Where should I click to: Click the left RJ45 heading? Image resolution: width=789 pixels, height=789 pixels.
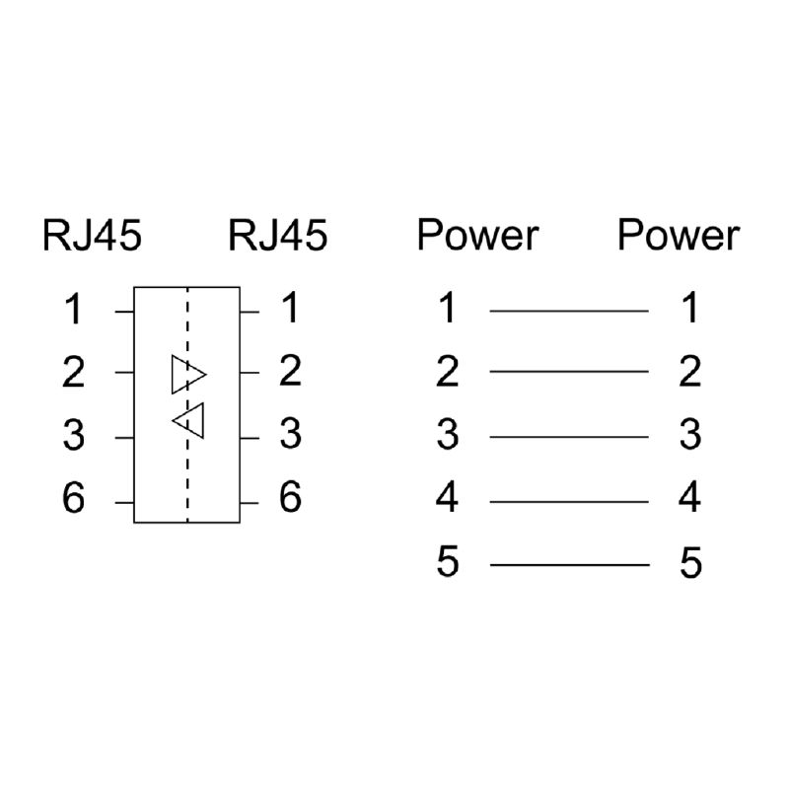coord(92,237)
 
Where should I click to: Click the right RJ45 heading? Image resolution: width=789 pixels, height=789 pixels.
coord(277,237)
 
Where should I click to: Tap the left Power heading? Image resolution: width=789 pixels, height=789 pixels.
coord(477,237)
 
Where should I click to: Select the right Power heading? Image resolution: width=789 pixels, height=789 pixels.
coord(678,237)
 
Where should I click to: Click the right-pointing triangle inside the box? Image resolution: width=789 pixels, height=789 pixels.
coord(187,375)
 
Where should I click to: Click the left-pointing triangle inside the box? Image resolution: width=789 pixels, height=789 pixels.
coord(188,421)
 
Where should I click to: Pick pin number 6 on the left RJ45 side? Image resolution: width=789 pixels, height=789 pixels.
coord(74,500)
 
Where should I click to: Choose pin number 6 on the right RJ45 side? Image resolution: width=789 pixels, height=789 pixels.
coord(289,498)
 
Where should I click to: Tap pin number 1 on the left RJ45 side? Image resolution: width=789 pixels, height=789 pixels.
coord(74,312)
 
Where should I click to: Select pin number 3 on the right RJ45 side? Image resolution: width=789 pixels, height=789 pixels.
coord(289,434)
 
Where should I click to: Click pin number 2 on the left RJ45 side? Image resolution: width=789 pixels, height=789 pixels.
coord(74,374)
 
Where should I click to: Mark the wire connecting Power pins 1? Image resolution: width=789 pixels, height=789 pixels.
coord(569,311)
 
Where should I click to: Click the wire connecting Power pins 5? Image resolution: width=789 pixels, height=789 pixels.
coord(569,565)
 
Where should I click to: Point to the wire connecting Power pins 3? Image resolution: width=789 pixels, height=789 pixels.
coord(569,437)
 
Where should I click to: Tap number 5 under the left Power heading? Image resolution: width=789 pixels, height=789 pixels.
coord(448,563)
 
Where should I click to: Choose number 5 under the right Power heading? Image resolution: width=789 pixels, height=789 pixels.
coord(690,565)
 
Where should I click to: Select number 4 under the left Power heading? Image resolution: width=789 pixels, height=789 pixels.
coord(448,499)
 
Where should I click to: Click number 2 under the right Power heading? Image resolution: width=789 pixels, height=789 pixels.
coord(690,373)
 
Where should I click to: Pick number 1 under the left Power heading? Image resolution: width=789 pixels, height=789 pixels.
coord(448,309)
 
